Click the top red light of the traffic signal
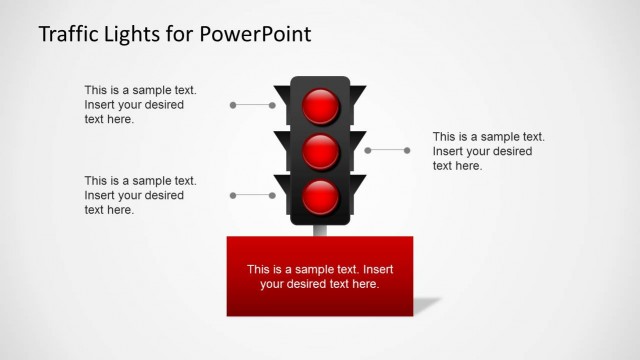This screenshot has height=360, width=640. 321,105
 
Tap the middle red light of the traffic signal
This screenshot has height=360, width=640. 321,151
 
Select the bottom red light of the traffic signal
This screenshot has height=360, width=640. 321,196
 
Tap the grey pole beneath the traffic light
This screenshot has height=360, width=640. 321,230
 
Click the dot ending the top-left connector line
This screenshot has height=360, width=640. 233,104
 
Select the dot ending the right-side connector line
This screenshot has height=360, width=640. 407,150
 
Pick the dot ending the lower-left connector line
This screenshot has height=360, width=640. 233,195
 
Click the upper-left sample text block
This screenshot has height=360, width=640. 140,104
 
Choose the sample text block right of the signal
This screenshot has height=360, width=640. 488,150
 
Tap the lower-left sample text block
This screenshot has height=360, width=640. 140,195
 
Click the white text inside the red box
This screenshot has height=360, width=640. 320,276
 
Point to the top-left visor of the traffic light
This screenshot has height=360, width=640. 281,96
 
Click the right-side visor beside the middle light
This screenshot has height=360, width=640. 359,140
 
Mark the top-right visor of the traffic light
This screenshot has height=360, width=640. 359,95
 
